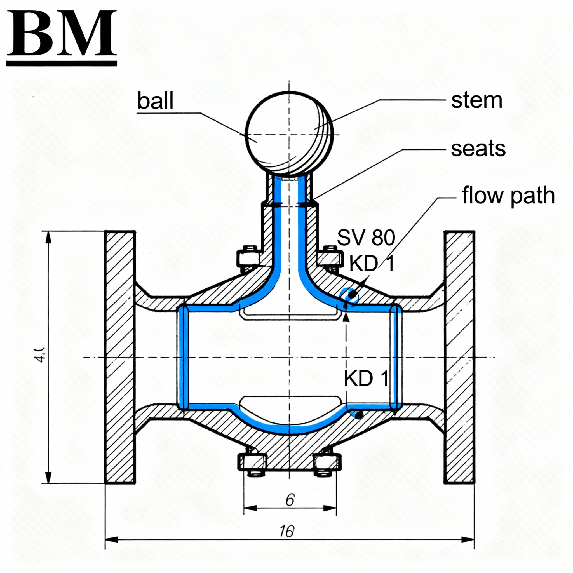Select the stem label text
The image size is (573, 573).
(x=476, y=100)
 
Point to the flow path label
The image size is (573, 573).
(x=508, y=196)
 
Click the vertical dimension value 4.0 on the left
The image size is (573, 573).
(x=40, y=354)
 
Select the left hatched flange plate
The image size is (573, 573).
(x=120, y=357)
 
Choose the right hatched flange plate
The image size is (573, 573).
(x=459, y=357)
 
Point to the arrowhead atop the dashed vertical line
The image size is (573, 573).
(x=346, y=317)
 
